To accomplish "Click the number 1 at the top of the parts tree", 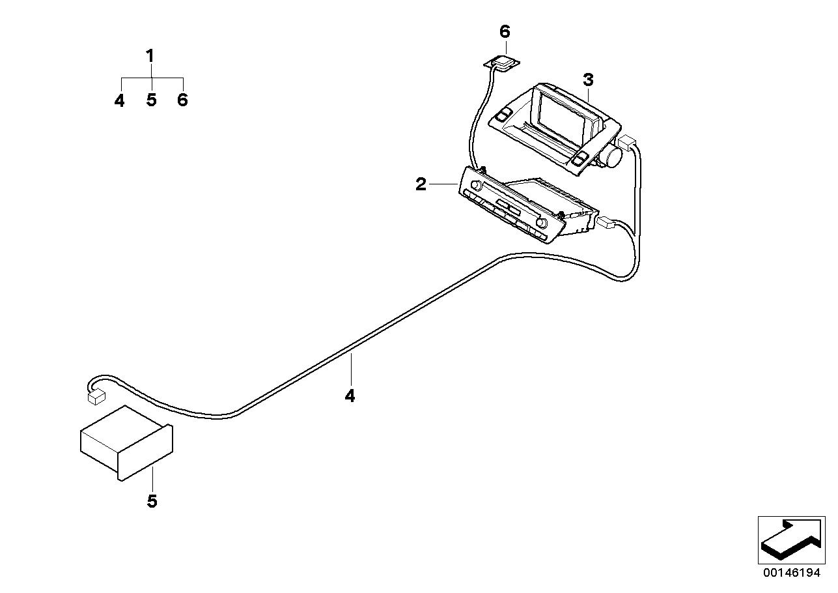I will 150,56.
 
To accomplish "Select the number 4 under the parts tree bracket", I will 120,100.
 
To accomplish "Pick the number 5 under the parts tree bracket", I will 151,100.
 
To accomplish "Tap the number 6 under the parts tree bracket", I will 182,100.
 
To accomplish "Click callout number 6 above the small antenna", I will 505,32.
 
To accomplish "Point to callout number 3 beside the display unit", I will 588,80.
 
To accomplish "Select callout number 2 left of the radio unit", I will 421,184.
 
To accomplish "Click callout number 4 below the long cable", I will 350,396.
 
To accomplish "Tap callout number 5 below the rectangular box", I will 152,501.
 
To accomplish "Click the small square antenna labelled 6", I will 503,63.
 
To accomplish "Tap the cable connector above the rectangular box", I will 96,394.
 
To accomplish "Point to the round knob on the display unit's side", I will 613,157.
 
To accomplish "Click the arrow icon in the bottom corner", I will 790,540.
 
